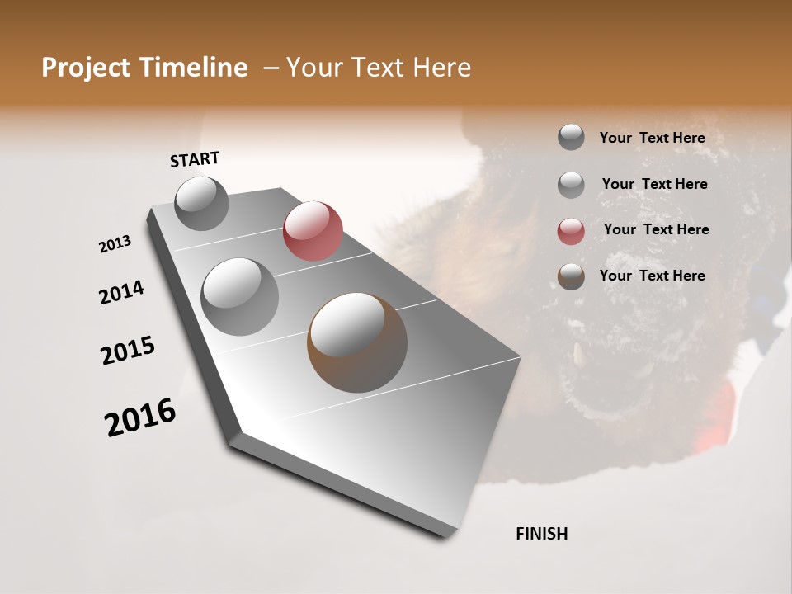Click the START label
195,158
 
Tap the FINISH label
541,534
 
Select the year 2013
115,244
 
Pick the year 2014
122,292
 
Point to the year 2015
128,351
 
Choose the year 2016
140,417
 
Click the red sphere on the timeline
313,231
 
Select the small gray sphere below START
201,203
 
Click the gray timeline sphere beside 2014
239,296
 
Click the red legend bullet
571,230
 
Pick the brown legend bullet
571,276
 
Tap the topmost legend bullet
571,138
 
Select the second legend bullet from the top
571,184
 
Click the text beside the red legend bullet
656,229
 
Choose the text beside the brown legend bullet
652,276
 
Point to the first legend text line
652,138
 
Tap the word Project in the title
85,68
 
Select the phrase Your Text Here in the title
379,68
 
